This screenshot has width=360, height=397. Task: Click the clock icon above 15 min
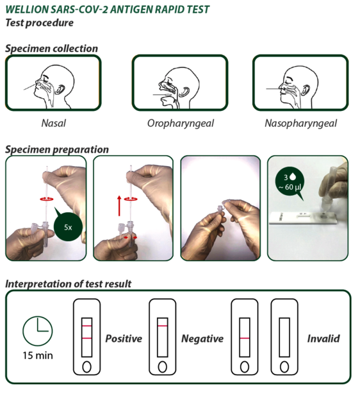38,331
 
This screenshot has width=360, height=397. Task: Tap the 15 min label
38,356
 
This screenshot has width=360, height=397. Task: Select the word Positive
124,339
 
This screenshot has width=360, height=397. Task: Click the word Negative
202,339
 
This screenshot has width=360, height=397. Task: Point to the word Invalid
323,339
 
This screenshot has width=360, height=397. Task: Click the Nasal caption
54,123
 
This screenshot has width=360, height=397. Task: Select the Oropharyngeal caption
181,124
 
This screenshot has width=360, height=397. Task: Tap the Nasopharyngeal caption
300,124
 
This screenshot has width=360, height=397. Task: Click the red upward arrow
119,206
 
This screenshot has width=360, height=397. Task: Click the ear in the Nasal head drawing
60,89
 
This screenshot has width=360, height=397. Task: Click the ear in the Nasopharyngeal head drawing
306,90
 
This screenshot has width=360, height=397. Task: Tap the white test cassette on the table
303,218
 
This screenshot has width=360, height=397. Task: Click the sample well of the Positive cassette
86,367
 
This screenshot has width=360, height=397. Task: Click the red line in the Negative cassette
162,326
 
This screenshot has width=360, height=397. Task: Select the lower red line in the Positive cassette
86,338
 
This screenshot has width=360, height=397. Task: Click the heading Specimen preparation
57,149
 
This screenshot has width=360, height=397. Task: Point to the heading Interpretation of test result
69,284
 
